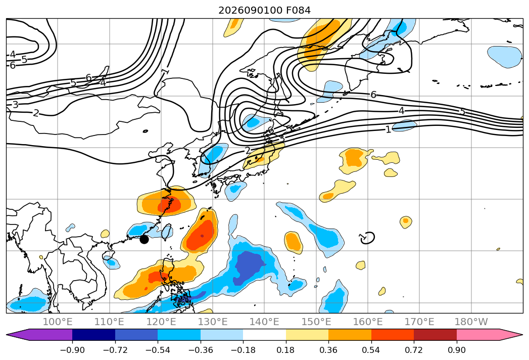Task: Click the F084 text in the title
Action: (x=298, y=11)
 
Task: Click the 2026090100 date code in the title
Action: (x=250, y=11)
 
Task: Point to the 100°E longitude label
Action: (x=58, y=322)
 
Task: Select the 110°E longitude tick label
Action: (x=109, y=322)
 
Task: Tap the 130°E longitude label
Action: (x=213, y=322)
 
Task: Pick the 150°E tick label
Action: (x=316, y=322)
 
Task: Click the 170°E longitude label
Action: (x=419, y=322)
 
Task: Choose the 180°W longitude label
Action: (x=471, y=322)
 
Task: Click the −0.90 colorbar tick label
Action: (x=72, y=350)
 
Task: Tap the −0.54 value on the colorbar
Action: (x=158, y=350)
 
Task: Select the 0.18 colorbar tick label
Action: (x=285, y=350)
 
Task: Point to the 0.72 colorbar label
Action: (x=414, y=350)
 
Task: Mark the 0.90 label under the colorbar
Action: (x=456, y=350)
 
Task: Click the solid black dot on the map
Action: (x=144, y=240)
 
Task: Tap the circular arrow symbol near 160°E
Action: (x=367, y=238)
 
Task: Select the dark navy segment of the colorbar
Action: (x=94, y=334)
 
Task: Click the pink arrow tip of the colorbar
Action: (x=511, y=334)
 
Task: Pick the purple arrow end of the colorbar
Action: (x=18, y=334)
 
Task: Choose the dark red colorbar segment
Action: (x=435, y=334)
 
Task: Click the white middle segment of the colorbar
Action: (x=265, y=334)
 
